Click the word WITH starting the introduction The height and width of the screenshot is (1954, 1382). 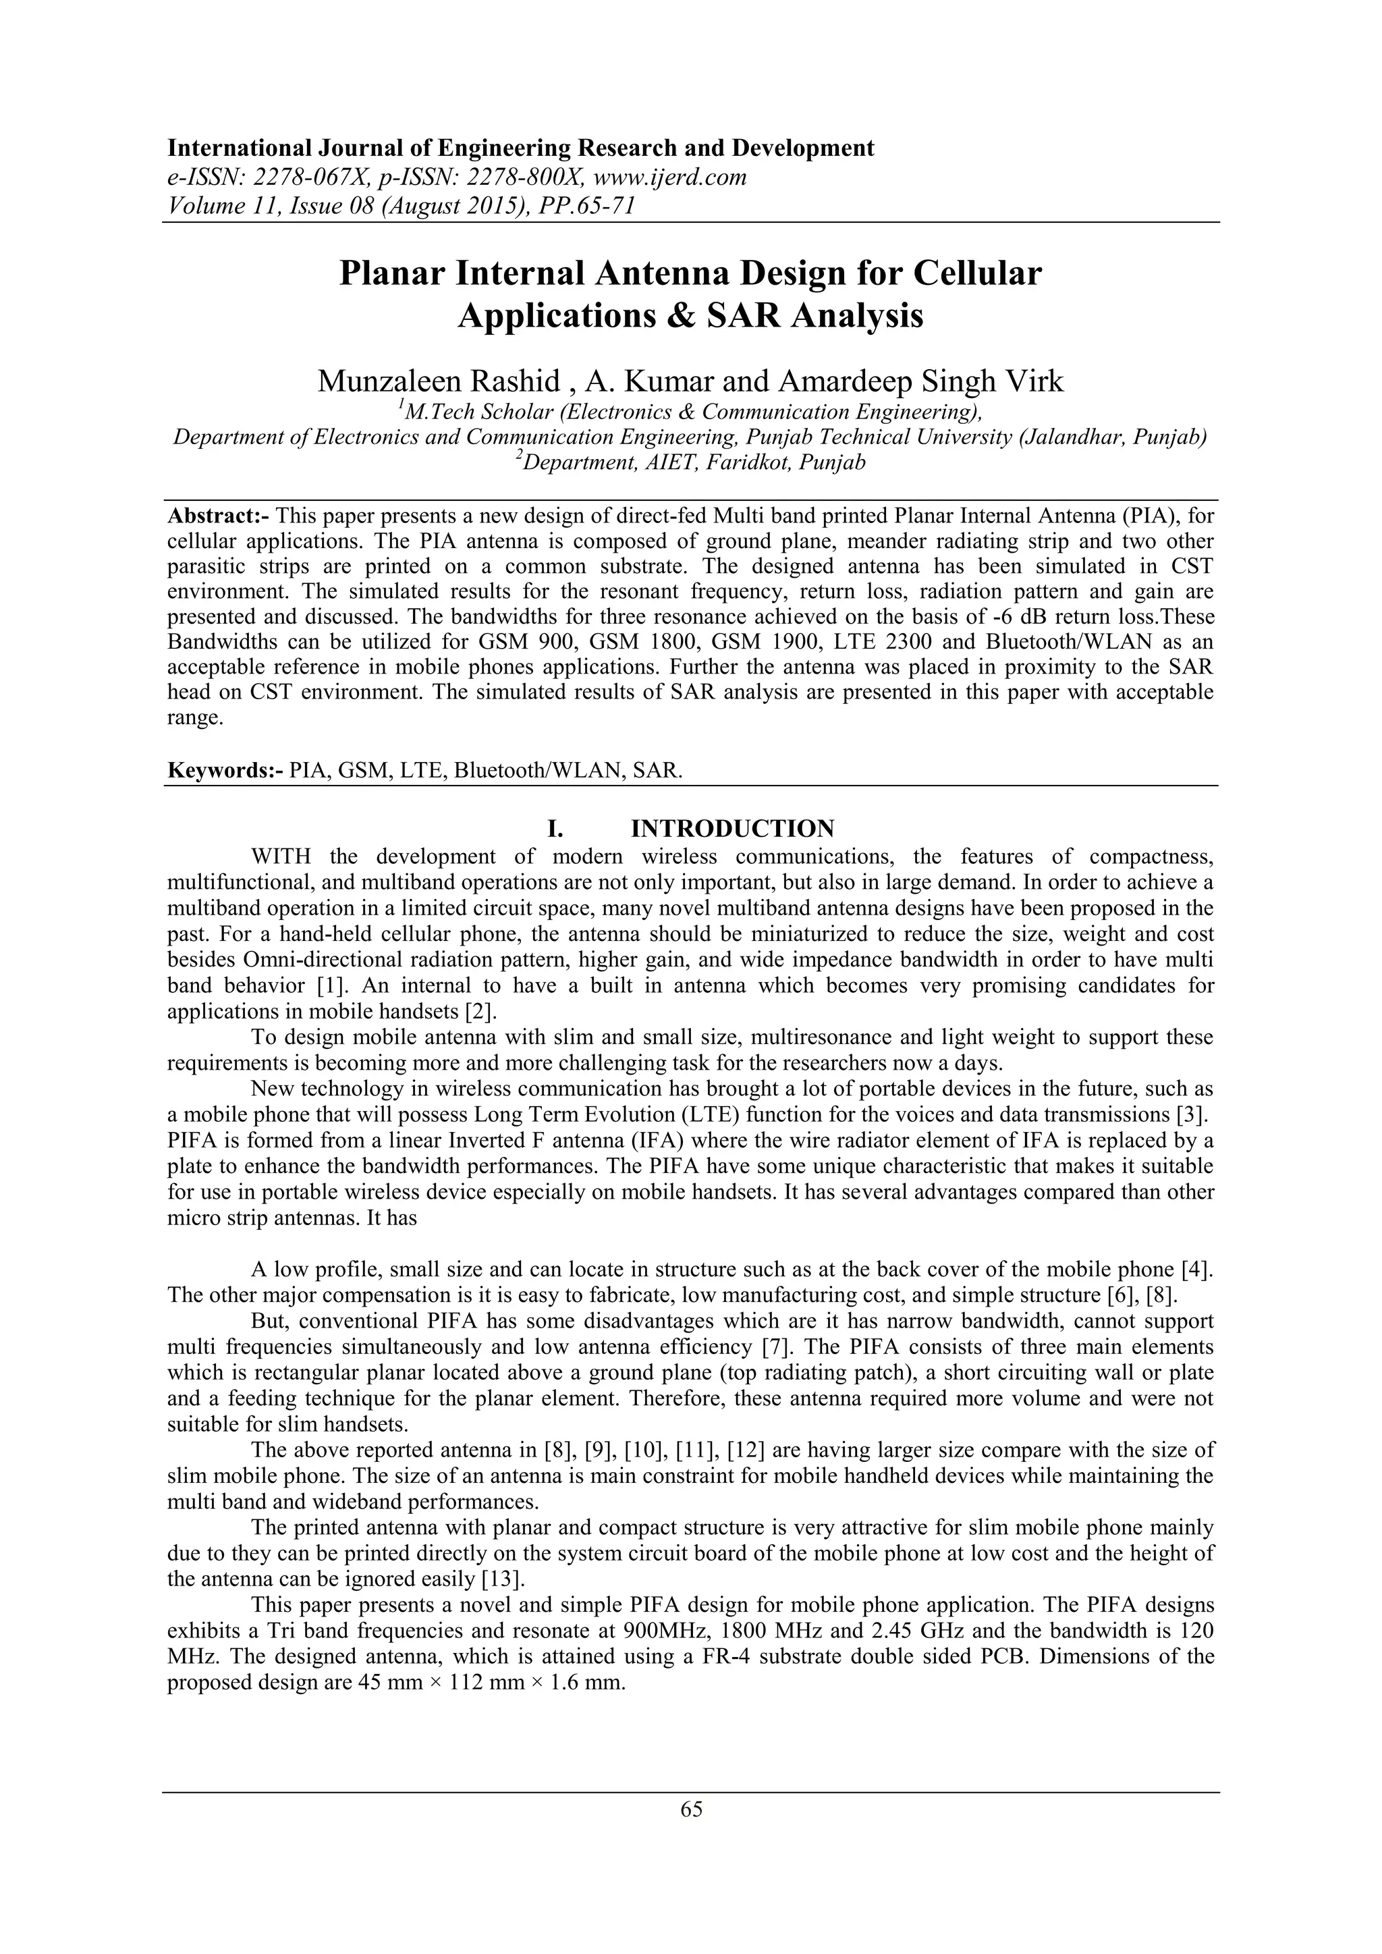click(x=281, y=856)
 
